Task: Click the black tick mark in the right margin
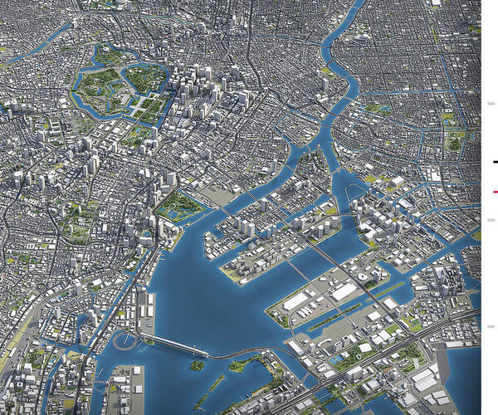[495, 162]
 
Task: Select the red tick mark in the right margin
[495, 192]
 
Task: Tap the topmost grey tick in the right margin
[491, 104]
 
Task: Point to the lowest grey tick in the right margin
[491, 326]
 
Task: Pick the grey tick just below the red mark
[491, 220]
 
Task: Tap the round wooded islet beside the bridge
[197, 365]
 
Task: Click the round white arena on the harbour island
[363, 276]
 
